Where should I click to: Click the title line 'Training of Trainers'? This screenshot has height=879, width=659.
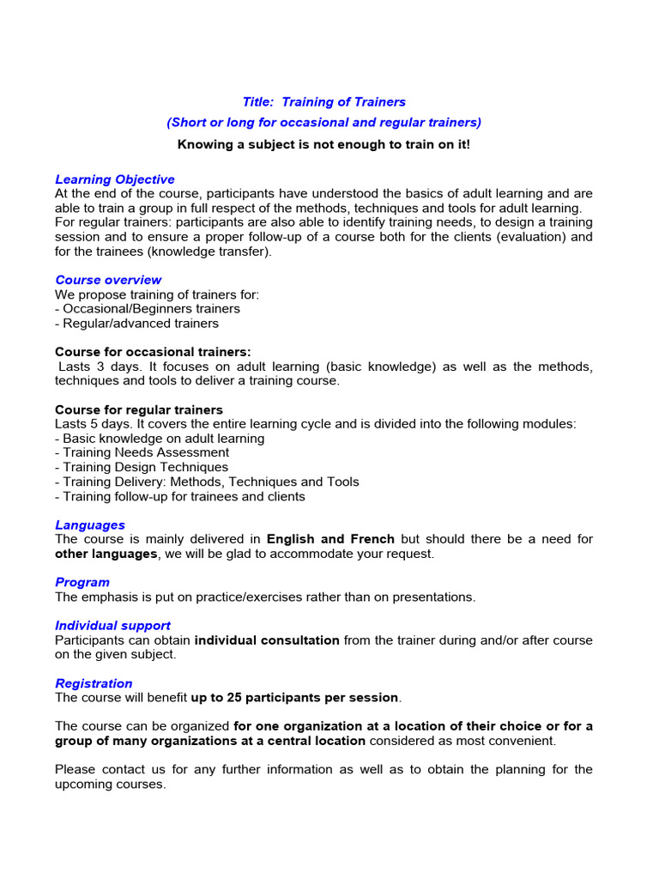pyautogui.click(x=323, y=103)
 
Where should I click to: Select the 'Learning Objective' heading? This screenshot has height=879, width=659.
pyautogui.click(x=115, y=179)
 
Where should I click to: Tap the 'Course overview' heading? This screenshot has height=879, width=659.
pyautogui.click(x=108, y=280)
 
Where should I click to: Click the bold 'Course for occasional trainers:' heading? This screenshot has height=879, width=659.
pyautogui.click(x=153, y=352)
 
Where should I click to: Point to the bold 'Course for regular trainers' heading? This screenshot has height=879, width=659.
pyautogui.click(x=139, y=409)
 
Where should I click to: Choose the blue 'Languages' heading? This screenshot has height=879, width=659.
pyautogui.click(x=90, y=524)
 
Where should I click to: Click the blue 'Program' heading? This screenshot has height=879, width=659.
pyautogui.click(x=82, y=582)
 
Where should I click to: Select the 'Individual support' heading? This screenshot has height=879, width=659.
pyautogui.click(x=112, y=626)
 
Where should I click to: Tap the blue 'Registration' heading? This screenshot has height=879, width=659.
pyautogui.click(x=94, y=683)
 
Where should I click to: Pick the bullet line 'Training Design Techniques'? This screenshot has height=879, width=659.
pyautogui.click(x=142, y=467)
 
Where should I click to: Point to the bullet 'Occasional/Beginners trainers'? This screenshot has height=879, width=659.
pyautogui.click(x=148, y=309)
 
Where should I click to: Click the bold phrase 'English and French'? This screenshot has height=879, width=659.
pyautogui.click(x=330, y=539)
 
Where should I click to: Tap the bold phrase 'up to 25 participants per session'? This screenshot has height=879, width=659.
pyautogui.click(x=294, y=698)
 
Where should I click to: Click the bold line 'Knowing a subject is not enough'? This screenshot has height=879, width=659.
pyautogui.click(x=323, y=144)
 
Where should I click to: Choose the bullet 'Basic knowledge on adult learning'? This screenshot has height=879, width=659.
pyautogui.click(x=160, y=438)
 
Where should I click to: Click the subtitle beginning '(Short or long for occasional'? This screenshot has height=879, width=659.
pyautogui.click(x=323, y=123)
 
